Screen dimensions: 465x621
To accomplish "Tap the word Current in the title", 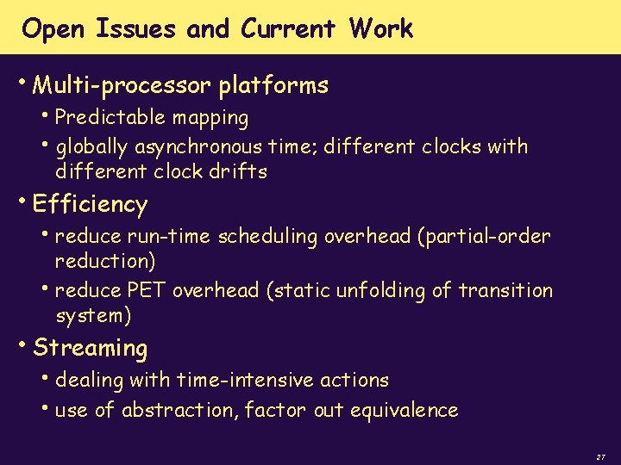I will tap(289, 29).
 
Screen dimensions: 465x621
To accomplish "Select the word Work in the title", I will tap(381, 29).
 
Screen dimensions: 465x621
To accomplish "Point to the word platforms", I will tap(273, 86).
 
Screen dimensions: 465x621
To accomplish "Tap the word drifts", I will tap(238, 171).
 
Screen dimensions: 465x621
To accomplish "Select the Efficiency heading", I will tap(90, 205).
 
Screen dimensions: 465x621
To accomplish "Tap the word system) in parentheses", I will tap(93, 316).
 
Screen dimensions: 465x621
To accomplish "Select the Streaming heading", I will tap(90, 349).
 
